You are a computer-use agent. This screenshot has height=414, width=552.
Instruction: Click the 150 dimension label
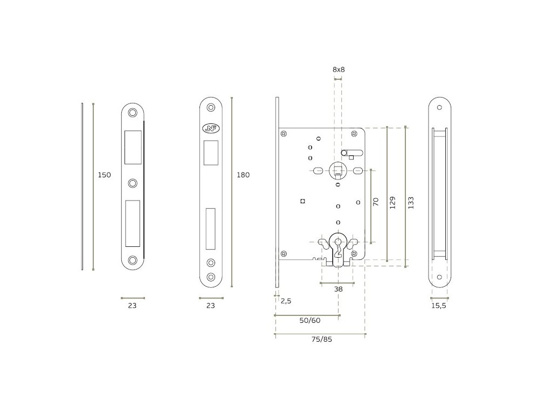coord(105,175)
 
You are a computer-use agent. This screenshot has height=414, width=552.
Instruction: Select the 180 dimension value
coord(243,175)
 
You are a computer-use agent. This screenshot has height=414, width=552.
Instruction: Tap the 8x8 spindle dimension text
coord(339,70)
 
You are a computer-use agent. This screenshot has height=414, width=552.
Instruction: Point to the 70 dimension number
coord(376,202)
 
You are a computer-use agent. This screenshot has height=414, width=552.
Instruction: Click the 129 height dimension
coord(392,202)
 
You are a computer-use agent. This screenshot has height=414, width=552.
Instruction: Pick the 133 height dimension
coord(411,203)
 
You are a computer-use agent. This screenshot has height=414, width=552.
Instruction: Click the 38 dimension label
coord(338,289)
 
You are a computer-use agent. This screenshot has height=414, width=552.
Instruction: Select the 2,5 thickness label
coord(286,301)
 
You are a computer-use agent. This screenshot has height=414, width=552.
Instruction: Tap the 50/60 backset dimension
coord(310,320)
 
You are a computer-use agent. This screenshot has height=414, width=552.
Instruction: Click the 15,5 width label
coord(439,305)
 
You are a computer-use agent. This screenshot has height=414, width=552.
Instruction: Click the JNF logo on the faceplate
coord(210,128)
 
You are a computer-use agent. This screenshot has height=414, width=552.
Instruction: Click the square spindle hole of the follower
coord(338,171)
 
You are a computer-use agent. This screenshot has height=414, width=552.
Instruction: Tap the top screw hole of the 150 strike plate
coord(133,113)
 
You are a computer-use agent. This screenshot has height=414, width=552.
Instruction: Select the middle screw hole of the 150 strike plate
coord(133,183)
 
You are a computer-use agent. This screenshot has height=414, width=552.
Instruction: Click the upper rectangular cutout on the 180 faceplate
coord(211,152)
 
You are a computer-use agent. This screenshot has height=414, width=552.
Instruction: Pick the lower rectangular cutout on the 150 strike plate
coord(133,220)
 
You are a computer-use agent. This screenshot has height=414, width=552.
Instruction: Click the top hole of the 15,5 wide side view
coord(439,106)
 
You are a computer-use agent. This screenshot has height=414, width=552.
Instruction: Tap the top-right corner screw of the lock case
coord(354,134)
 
